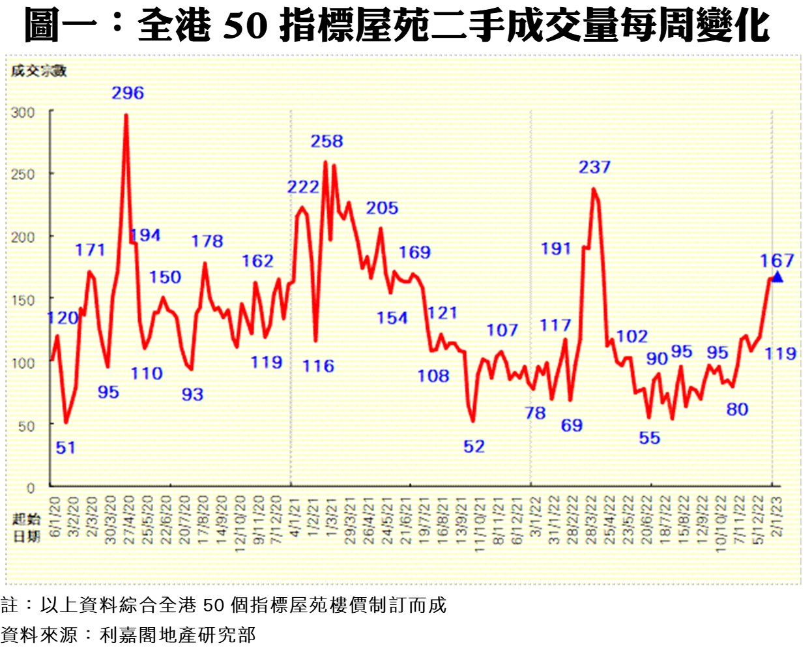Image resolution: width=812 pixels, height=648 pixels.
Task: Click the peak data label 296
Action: [x=128, y=93]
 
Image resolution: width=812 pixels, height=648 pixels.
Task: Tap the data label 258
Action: [x=326, y=141]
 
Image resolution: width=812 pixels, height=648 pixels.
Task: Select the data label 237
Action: [x=594, y=168]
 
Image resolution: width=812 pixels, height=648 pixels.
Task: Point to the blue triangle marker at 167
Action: [x=777, y=277]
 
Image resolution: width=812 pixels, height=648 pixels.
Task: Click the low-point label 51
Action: [x=66, y=448]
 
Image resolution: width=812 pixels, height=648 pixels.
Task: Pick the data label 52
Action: [x=474, y=447]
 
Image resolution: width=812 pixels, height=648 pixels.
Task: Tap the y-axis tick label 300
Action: [x=23, y=113]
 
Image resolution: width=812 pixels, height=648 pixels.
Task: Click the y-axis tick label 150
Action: [x=23, y=301]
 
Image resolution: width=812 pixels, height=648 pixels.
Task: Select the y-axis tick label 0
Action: [x=31, y=488]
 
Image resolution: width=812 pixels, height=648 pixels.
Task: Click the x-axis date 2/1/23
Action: [x=777, y=516]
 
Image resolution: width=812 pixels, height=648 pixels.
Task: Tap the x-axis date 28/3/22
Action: [x=591, y=520]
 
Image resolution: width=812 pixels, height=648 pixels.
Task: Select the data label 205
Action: [x=382, y=209]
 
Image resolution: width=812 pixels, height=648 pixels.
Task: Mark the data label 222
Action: [x=303, y=188]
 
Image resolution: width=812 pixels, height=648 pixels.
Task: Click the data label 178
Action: [x=207, y=242]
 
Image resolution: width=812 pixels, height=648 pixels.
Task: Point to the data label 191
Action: [x=556, y=249]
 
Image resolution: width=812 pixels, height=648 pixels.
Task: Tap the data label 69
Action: [x=572, y=426]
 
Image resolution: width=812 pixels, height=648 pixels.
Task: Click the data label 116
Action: [x=318, y=366]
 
